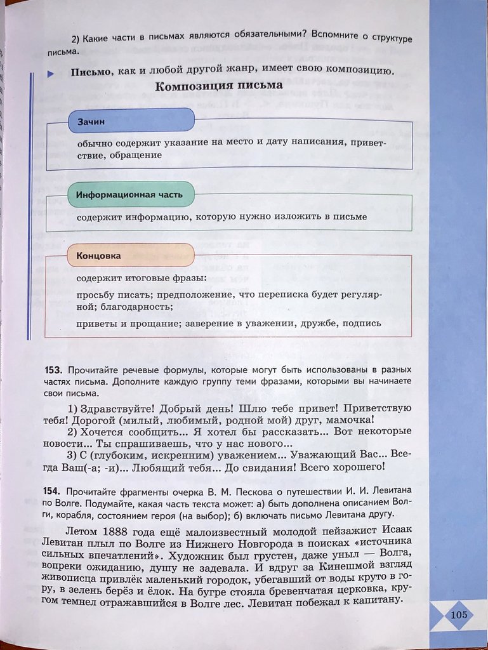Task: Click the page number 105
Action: [x=458, y=614]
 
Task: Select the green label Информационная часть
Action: [x=129, y=195]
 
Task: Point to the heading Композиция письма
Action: [x=219, y=87]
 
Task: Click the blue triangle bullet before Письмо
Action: [x=50, y=74]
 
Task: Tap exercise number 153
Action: [x=53, y=369]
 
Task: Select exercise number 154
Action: [x=53, y=492]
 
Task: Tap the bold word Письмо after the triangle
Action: [x=89, y=71]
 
